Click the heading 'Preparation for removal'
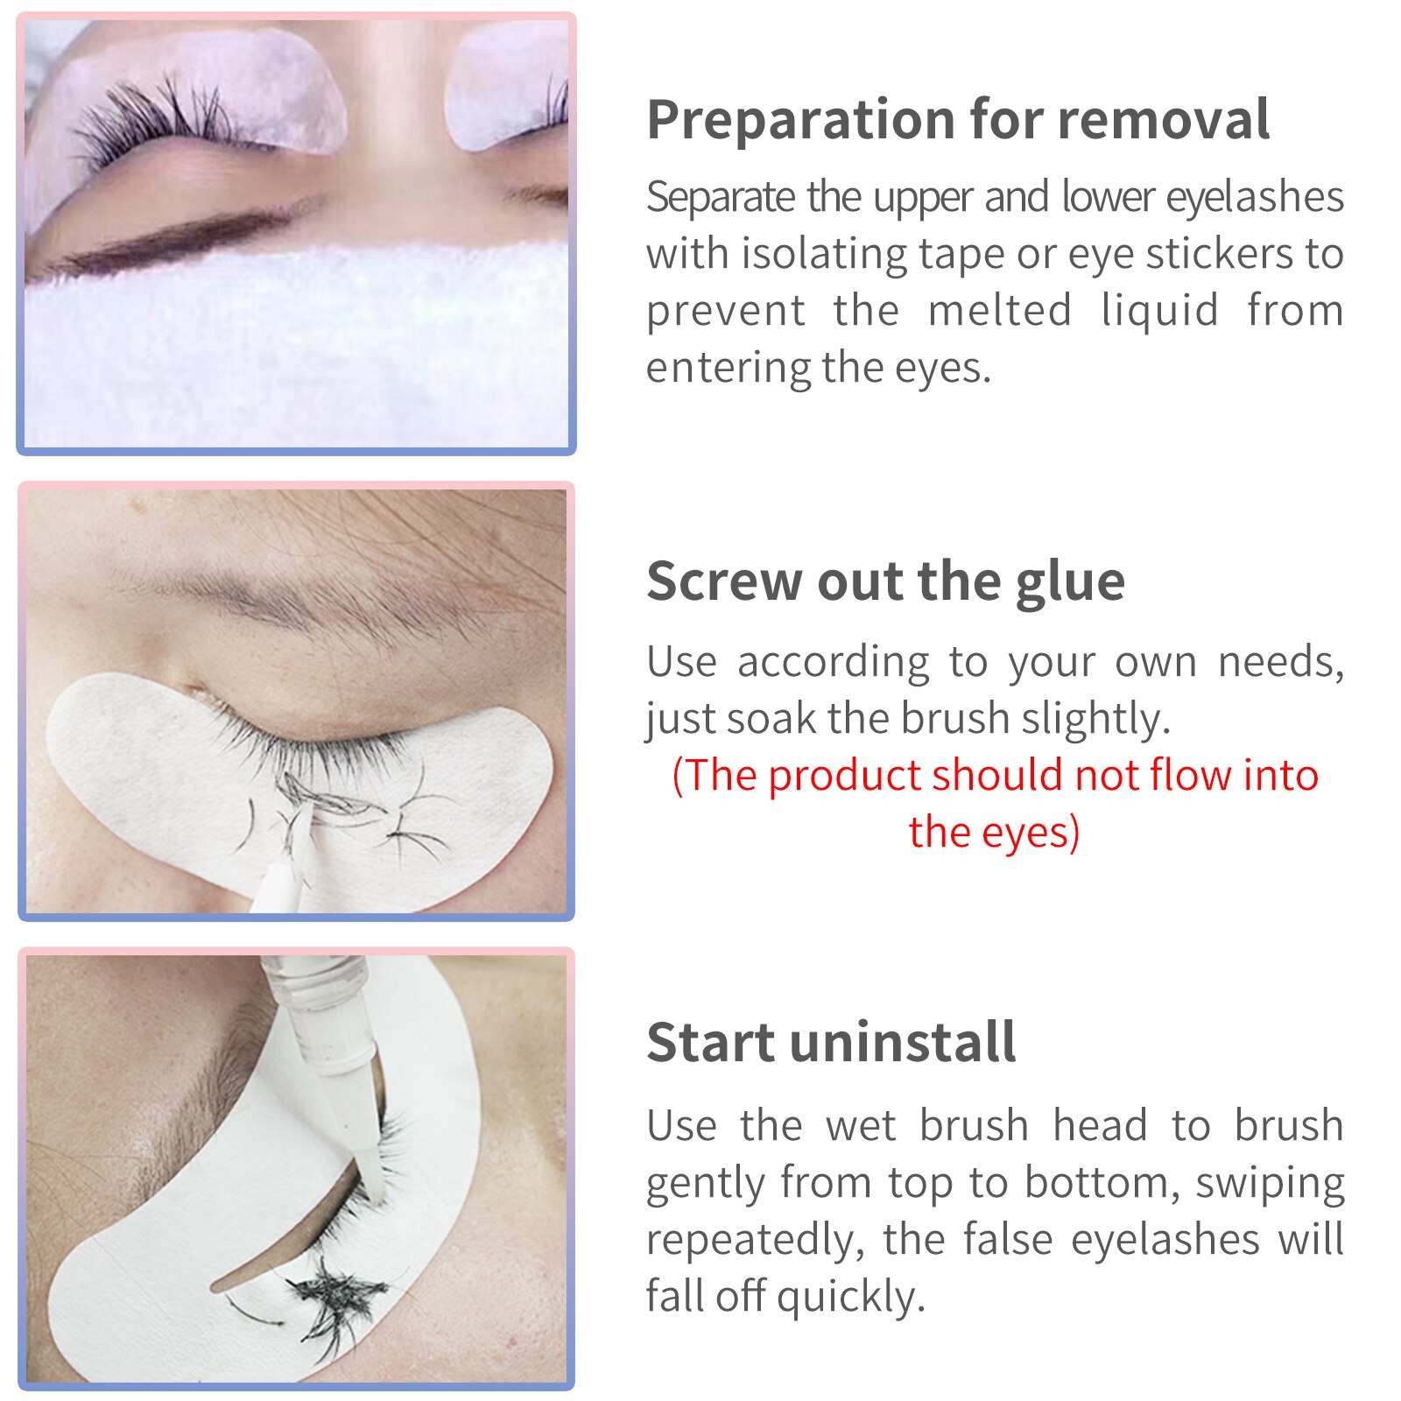coord(958,120)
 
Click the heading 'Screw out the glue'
coord(885,581)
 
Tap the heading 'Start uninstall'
coord(831,1043)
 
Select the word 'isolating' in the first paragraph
coord(823,254)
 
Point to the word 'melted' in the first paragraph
coord(999,311)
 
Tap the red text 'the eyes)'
coord(994,832)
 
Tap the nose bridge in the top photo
coord(394,131)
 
